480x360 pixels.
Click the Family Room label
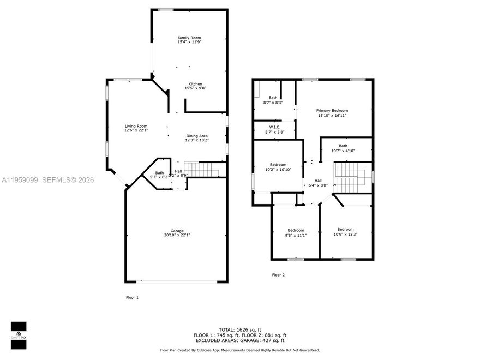189,38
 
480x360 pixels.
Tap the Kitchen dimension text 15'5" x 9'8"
195,88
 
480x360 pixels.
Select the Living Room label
136,126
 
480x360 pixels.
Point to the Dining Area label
197,136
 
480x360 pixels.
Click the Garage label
177,231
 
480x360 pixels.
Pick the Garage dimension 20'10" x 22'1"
177,235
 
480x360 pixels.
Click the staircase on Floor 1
201,169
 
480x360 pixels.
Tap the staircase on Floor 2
352,178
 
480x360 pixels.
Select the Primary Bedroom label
332,111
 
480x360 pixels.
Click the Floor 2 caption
278,275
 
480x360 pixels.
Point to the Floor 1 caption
133,297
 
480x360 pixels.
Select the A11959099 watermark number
19,179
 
